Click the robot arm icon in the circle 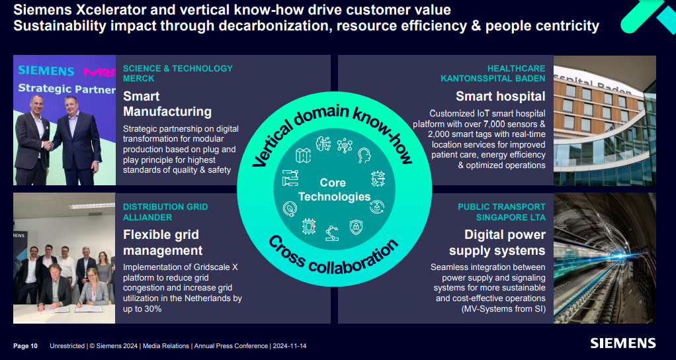click(x=331, y=232)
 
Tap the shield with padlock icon click(x=356, y=226)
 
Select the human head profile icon click(x=364, y=156)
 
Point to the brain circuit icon click(x=323, y=143)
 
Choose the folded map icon click(x=303, y=156)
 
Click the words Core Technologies click(x=333, y=189)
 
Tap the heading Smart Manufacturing click(x=167, y=104)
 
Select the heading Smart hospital click(x=500, y=97)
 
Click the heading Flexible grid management click(x=163, y=242)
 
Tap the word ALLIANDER click(x=148, y=217)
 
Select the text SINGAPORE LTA click(x=511, y=217)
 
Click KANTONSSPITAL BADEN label click(x=493, y=79)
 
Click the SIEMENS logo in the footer click(x=623, y=343)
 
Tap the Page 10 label click(x=26, y=346)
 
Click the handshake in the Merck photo click(x=48, y=144)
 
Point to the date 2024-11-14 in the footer click(x=294, y=346)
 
